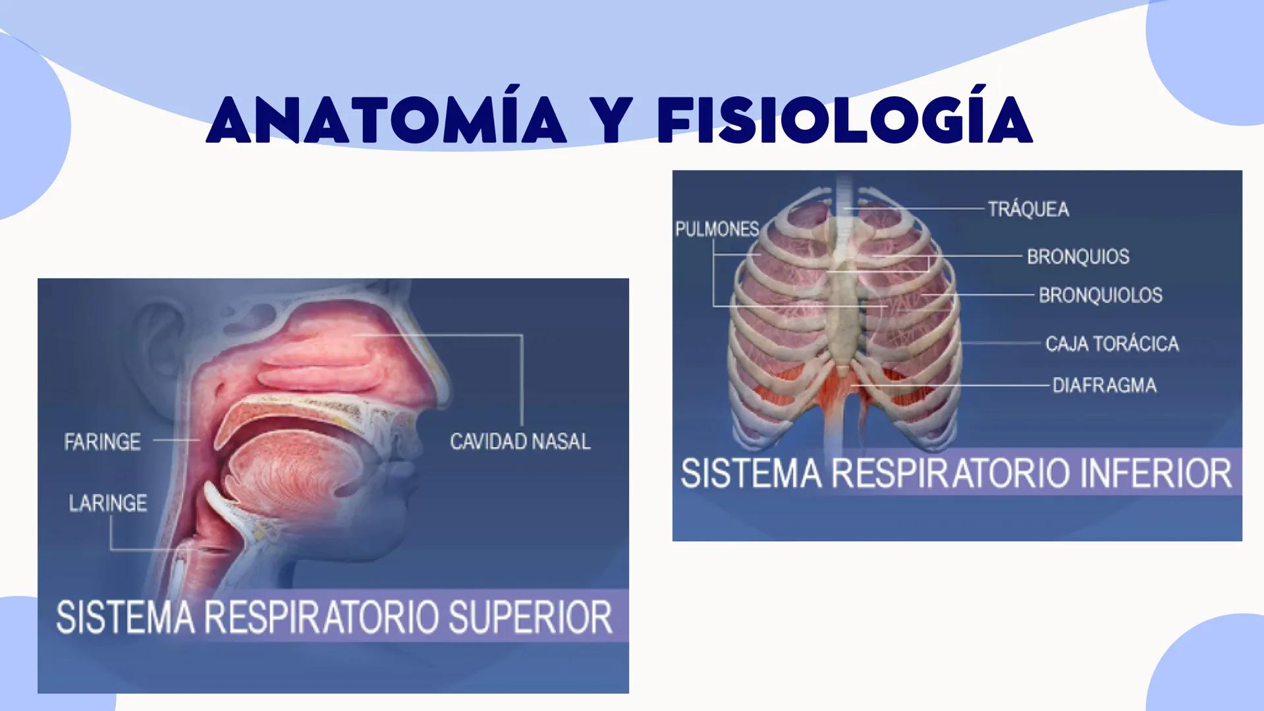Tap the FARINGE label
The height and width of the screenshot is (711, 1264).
pos(102,442)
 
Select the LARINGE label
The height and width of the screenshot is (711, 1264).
pos(107,504)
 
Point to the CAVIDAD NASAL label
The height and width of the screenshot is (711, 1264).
pos(520,442)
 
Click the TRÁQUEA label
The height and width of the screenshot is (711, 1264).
pos(1028,209)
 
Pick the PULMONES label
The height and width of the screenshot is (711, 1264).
pos(717,229)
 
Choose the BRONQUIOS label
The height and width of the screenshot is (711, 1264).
pos(1078,256)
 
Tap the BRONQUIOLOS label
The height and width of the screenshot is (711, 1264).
pos(1100,295)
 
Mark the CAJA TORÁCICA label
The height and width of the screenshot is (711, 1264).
pos(1112,344)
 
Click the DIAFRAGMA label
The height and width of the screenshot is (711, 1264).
pos(1104,385)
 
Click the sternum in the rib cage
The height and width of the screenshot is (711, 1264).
pos(843,316)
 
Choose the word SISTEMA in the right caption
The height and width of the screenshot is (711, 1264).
pos(751,473)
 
